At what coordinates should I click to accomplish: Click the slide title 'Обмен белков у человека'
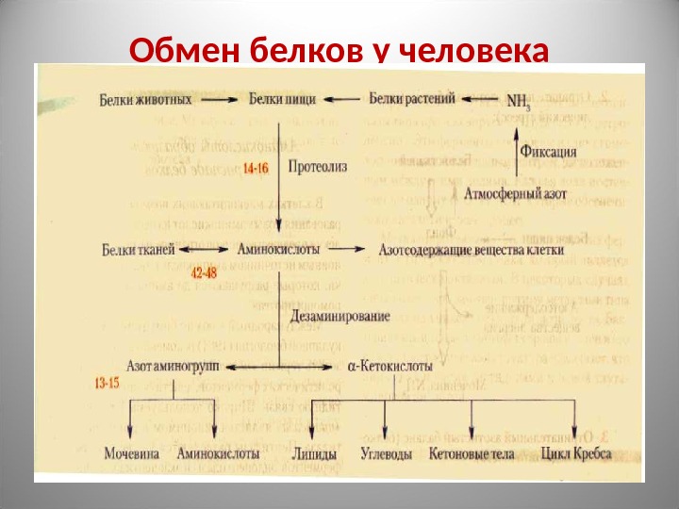[x=339, y=48]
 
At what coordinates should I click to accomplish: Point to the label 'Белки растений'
[x=413, y=98]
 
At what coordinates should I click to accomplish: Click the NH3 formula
[x=520, y=100]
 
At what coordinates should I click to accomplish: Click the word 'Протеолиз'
[x=318, y=167]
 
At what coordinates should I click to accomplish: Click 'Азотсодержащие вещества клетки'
[x=471, y=251]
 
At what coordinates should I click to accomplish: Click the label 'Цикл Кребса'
[x=577, y=454]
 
